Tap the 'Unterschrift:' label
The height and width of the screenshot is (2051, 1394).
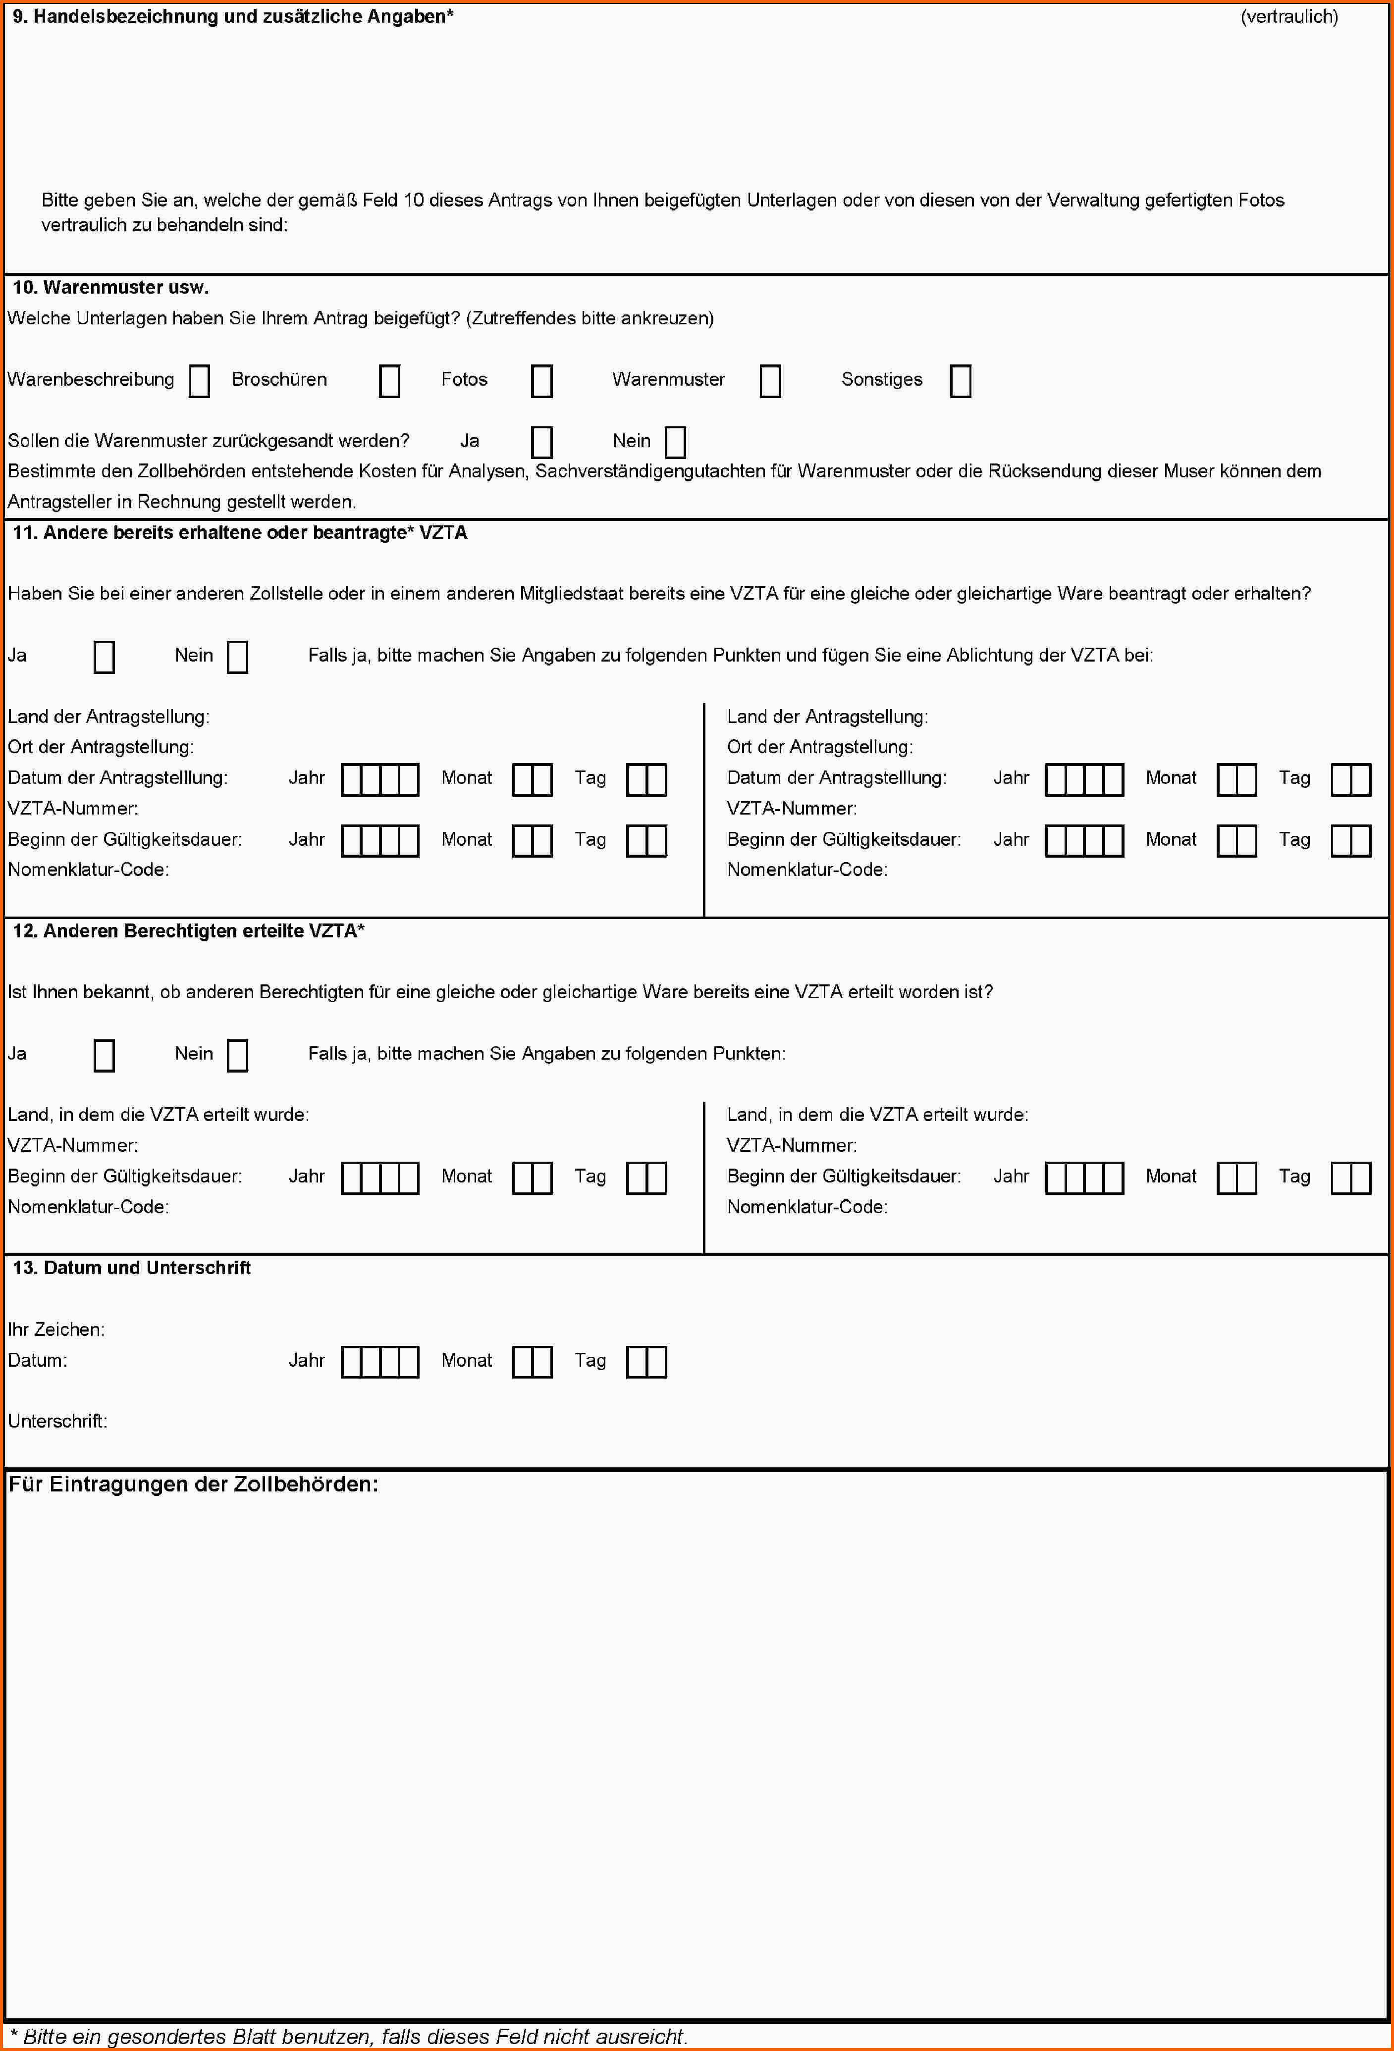(57, 1421)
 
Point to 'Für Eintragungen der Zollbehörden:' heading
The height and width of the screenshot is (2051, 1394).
(193, 1485)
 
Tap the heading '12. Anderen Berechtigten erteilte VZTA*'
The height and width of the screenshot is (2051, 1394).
(188, 931)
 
